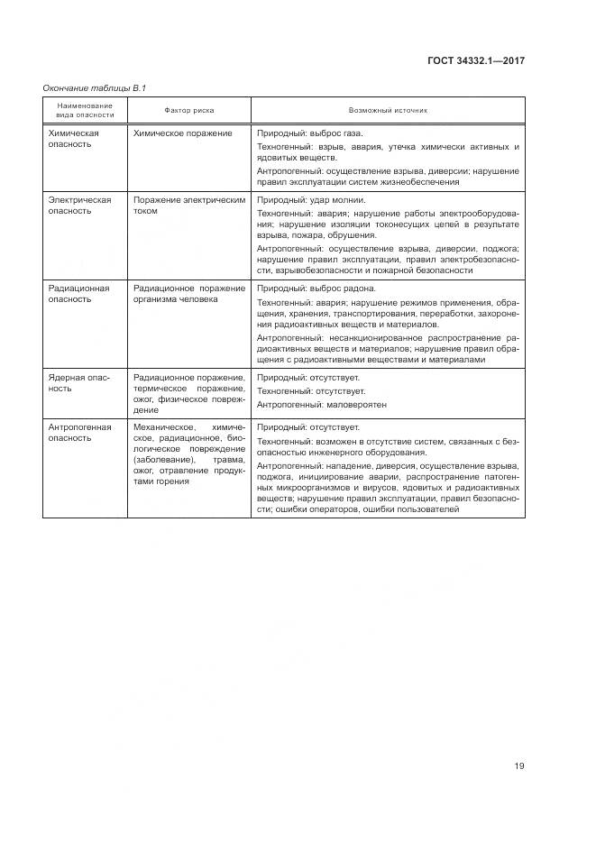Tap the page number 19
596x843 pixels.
coord(519,766)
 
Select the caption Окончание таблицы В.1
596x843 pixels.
coord(95,87)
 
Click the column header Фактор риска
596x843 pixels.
coord(190,110)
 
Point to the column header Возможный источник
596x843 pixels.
coord(390,110)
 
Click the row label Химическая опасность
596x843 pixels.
coord(74,138)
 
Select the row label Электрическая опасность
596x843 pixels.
coord(79,205)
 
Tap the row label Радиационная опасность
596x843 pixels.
coord(78,293)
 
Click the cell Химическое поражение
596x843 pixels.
coord(182,133)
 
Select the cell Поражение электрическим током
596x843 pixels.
coord(188,205)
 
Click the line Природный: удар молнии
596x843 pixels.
coord(311,199)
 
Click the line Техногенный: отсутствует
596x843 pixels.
coord(311,390)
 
